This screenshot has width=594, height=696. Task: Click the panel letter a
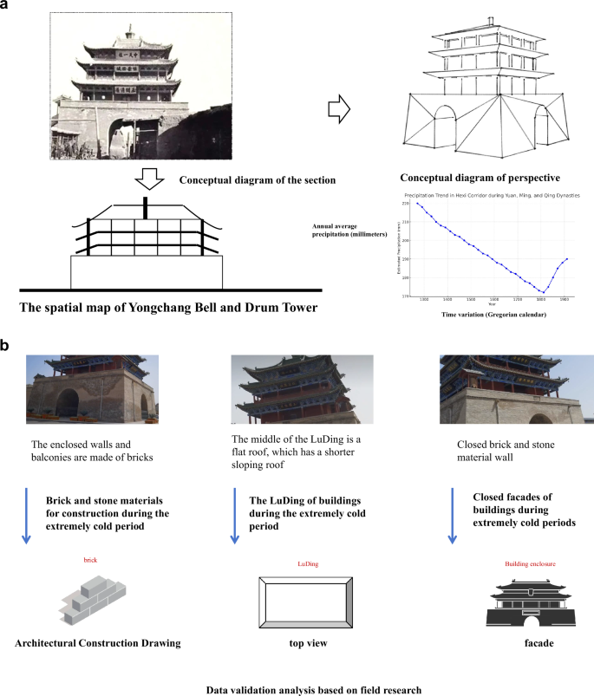tap(7, 7)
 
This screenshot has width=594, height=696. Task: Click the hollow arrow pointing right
tap(343, 108)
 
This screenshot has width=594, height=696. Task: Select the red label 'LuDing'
tap(308, 563)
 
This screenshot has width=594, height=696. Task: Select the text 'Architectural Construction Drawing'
tap(98, 645)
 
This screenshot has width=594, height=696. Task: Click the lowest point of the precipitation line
tap(542, 292)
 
